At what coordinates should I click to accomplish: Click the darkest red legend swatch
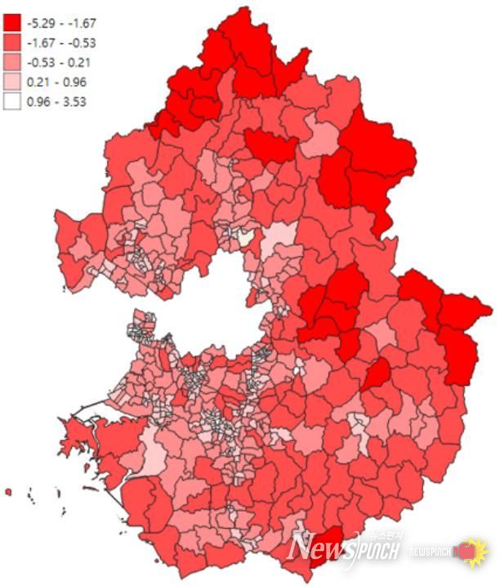pos(13,23)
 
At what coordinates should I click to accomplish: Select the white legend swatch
pos(13,101)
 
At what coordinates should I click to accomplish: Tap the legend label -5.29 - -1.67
pos(61,23)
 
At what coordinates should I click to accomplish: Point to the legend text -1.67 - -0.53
pos(61,42)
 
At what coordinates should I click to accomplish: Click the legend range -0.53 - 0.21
pos(60,62)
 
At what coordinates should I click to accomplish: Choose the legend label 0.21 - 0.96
pos(56,82)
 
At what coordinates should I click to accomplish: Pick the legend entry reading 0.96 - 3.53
pos(56,101)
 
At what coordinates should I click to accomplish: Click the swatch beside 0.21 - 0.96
pos(13,82)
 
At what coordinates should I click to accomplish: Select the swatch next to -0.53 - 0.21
pos(13,62)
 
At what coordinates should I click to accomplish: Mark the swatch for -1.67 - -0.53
pos(13,42)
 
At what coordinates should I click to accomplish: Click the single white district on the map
pos(246,237)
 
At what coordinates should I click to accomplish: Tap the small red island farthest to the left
pos(8,491)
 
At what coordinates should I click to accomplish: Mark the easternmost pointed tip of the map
pos(491,309)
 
